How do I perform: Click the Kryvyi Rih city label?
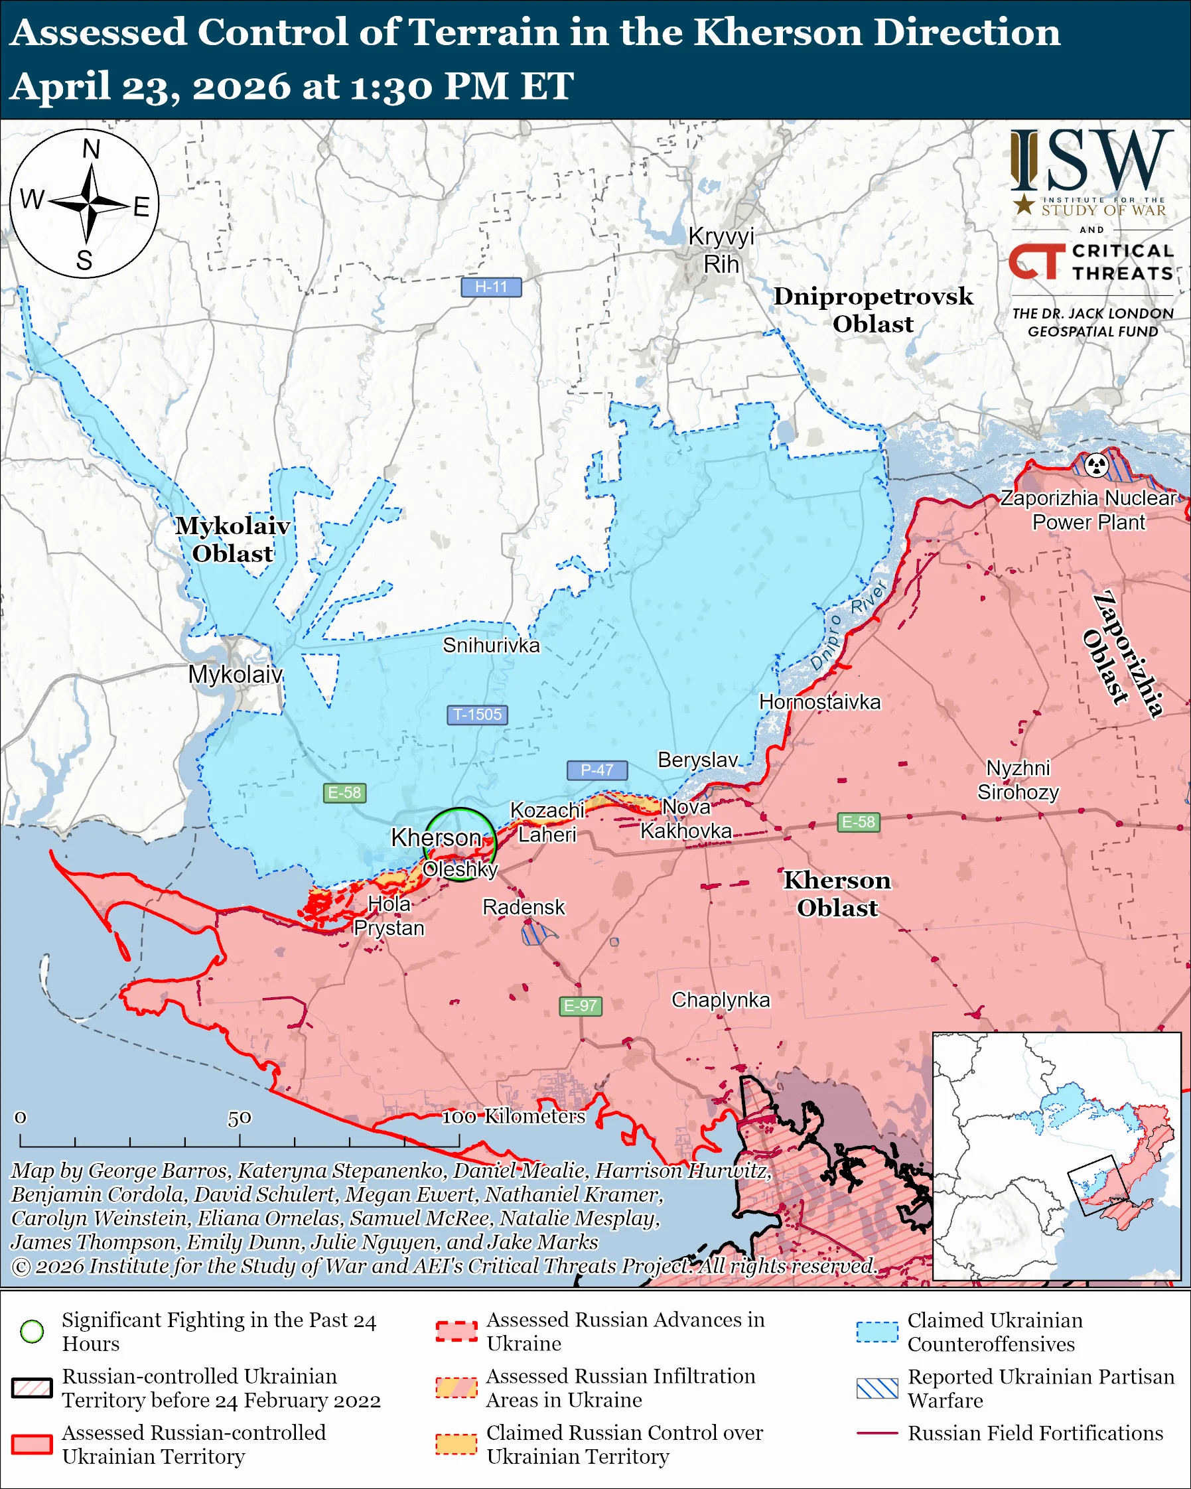721,250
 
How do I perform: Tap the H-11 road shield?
491,287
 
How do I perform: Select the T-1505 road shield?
477,714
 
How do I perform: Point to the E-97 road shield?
580,1005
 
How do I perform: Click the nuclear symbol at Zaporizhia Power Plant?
1095,464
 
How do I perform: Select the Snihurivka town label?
491,645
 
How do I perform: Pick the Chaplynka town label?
720,999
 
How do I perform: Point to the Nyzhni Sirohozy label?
1018,780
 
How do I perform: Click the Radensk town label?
524,907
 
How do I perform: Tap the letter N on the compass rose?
91,149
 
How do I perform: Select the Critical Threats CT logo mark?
1036,261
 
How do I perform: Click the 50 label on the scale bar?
239,1117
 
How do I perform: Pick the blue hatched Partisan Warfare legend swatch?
877,1388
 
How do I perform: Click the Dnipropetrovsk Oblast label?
873,309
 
